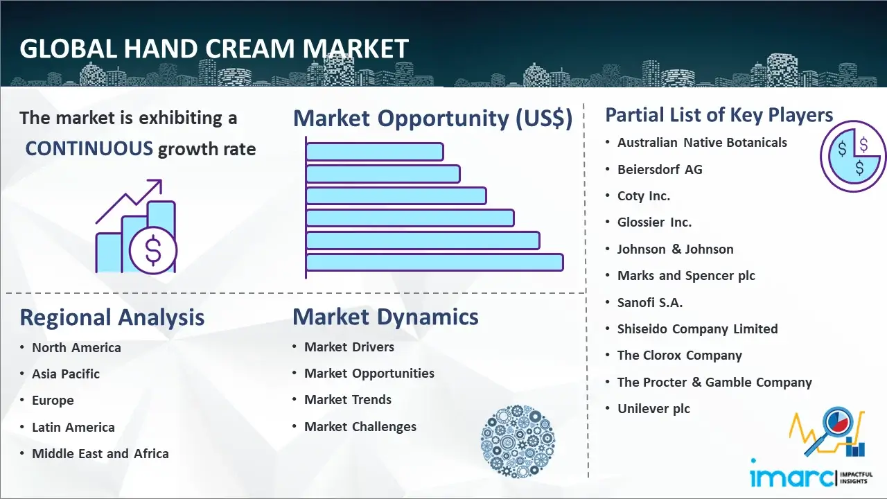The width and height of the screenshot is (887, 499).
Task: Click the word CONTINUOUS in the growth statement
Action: (x=89, y=148)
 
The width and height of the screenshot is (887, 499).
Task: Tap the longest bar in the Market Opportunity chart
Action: (x=434, y=263)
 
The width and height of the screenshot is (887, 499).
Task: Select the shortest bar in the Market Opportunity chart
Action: (x=375, y=152)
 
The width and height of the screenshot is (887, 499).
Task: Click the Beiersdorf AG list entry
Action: (x=660, y=170)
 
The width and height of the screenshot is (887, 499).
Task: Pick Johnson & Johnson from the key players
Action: (x=675, y=249)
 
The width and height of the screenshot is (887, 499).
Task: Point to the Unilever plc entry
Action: (x=653, y=409)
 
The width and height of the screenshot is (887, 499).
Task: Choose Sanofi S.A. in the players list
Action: (x=650, y=303)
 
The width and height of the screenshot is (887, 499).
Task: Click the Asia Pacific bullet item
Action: (x=66, y=374)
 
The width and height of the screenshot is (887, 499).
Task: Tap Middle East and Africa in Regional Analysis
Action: (x=100, y=453)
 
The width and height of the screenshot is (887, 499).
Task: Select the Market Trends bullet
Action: (x=348, y=400)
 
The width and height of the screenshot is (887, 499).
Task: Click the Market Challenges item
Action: (x=360, y=426)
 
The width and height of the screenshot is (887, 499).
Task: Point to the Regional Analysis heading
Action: (x=112, y=317)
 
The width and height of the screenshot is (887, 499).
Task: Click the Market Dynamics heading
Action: (x=385, y=317)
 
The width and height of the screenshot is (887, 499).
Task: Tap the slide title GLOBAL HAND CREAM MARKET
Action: (x=214, y=49)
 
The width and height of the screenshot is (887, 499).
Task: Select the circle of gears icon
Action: (x=518, y=441)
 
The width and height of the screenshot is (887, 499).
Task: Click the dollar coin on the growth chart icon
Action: (x=153, y=250)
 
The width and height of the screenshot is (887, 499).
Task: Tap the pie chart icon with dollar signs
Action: (x=852, y=157)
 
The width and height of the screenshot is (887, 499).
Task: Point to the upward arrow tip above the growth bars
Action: (x=161, y=180)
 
